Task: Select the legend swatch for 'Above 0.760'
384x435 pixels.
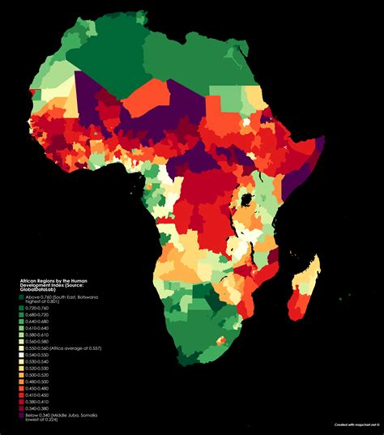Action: [21, 296]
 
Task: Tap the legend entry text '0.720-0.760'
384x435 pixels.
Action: [36, 308]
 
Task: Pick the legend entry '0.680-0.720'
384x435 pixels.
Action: [36, 314]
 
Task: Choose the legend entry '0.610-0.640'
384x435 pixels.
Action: [36, 328]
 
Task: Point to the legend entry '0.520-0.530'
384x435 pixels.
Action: [36, 369]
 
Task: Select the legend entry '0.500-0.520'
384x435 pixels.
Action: [36, 375]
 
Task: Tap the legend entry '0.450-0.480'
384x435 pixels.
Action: [36, 388]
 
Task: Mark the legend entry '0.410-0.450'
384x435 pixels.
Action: [36, 395]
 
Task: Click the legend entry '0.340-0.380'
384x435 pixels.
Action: [36, 408]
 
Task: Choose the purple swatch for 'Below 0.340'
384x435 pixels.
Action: [21, 416]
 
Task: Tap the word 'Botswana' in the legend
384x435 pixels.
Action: [89, 296]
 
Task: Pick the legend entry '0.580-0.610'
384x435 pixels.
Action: [36, 335]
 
